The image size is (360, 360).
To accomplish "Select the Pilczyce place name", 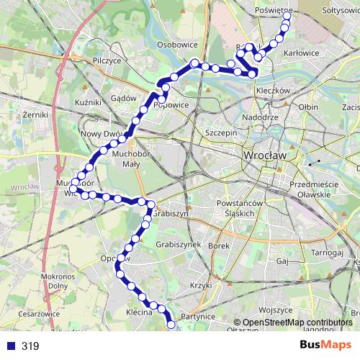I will tap(107, 62).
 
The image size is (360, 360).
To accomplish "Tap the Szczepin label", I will tap(221, 133).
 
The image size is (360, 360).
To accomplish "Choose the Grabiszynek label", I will tap(177, 245).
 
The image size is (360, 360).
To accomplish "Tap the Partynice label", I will tap(199, 316).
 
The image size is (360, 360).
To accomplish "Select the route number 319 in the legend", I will tap(30, 346).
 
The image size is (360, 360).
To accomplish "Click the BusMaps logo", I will tap(325, 345).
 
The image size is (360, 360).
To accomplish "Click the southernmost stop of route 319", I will tap(171, 325).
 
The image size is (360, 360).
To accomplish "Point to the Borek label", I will tap(218, 246).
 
